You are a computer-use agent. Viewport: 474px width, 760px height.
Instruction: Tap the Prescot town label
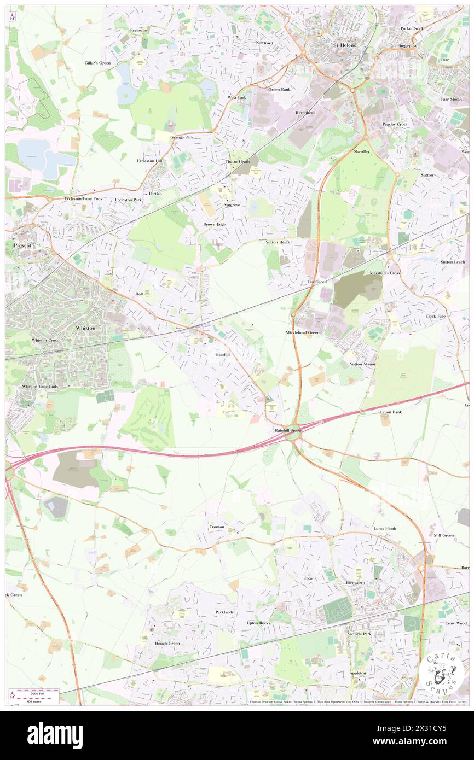coord(22,246)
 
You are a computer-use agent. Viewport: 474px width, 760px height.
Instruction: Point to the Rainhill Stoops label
coord(288,430)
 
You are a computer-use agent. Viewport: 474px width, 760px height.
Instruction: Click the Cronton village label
coord(216,527)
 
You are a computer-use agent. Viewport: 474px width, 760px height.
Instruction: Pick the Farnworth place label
coord(355,583)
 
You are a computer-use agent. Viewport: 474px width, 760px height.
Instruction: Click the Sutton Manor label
coord(362,364)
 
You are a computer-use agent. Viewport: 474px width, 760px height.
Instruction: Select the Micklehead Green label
coord(302,332)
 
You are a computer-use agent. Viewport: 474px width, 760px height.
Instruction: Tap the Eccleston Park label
coord(128,200)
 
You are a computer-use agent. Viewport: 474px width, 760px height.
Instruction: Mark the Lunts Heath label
coord(385,529)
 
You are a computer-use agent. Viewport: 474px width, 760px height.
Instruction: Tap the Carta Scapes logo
coord(443,673)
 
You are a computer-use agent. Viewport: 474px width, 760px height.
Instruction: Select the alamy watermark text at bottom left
coord(55,735)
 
